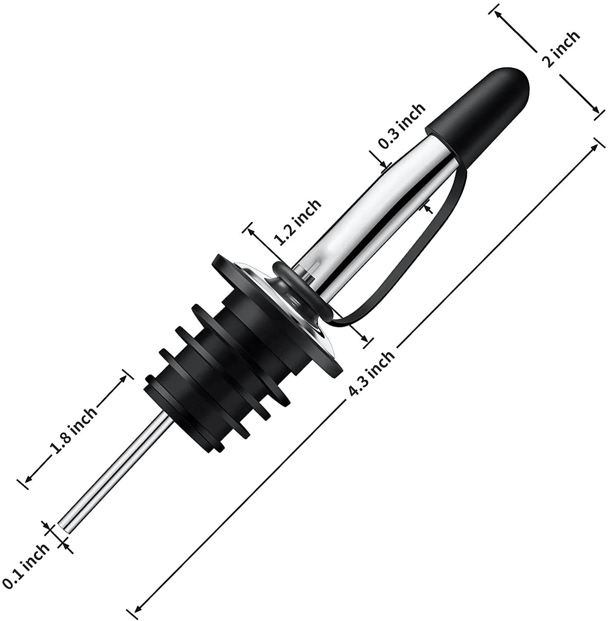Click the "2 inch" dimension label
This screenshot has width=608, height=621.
561,49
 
